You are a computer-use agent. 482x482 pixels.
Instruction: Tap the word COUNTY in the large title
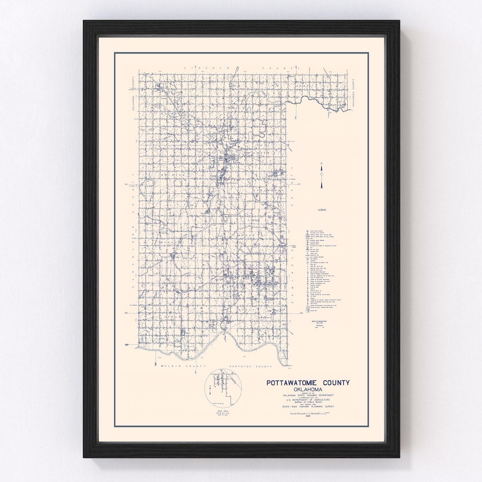tap(334, 382)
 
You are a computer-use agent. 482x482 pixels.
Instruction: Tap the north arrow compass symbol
tap(321, 177)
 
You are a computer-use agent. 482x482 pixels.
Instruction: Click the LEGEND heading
tap(322, 210)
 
